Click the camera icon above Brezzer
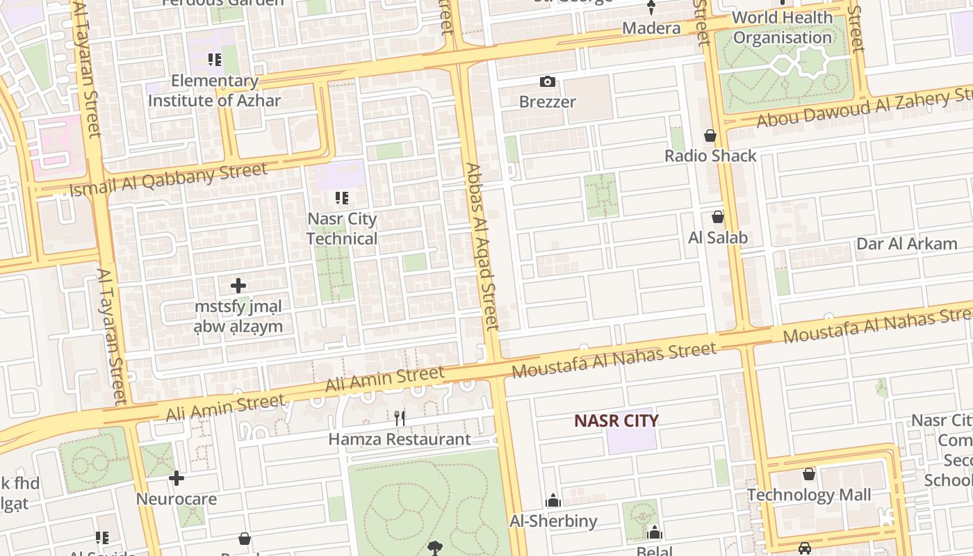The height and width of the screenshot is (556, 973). [548, 82]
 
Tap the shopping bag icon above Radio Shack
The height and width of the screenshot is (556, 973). [710, 136]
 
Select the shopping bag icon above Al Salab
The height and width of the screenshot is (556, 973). [718, 218]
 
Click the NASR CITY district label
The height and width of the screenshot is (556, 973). [616, 420]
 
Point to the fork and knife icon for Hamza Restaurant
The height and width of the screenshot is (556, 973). [400, 418]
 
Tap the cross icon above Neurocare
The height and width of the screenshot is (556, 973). [177, 478]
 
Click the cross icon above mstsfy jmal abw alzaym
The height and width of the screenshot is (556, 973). [238, 286]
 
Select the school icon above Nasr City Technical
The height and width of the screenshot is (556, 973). [342, 199]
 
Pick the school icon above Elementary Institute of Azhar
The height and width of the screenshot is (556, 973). [215, 60]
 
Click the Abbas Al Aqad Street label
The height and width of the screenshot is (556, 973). [482, 246]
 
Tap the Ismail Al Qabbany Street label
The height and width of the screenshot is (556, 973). [168, 179]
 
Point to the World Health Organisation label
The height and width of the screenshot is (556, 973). [783, 27]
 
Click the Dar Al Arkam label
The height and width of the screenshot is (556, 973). [906, 244]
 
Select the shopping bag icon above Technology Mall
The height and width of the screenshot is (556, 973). [809, 475]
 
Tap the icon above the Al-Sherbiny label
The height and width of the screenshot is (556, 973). [553, 500]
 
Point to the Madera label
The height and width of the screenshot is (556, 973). [651, 28]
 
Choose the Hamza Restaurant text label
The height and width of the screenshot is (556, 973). [400, 439]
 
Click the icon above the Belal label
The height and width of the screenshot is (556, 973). [654, 533]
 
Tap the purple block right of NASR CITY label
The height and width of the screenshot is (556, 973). [631, 440]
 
